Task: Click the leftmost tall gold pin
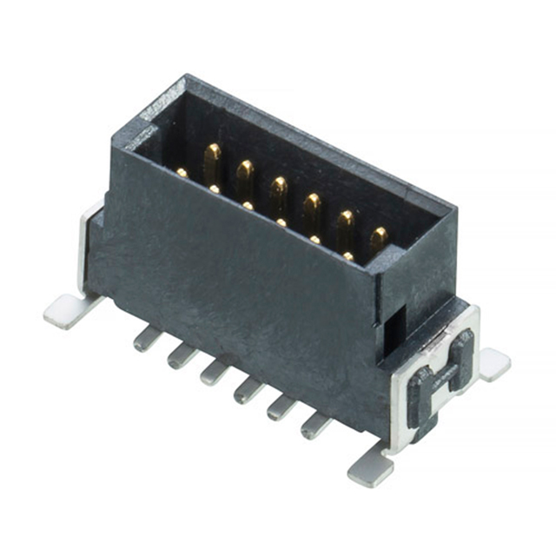pos(212,160)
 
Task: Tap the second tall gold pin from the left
pos(245,175)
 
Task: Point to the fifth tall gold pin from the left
pos(346,224)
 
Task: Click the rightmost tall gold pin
pos(379,238)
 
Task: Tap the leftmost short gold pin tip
pos(182,173)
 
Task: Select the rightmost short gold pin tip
pos(348,256)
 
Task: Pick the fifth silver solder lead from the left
pos(281,407)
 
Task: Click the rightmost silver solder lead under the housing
pos(315,425)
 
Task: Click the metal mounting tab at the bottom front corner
pos(370,470)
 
